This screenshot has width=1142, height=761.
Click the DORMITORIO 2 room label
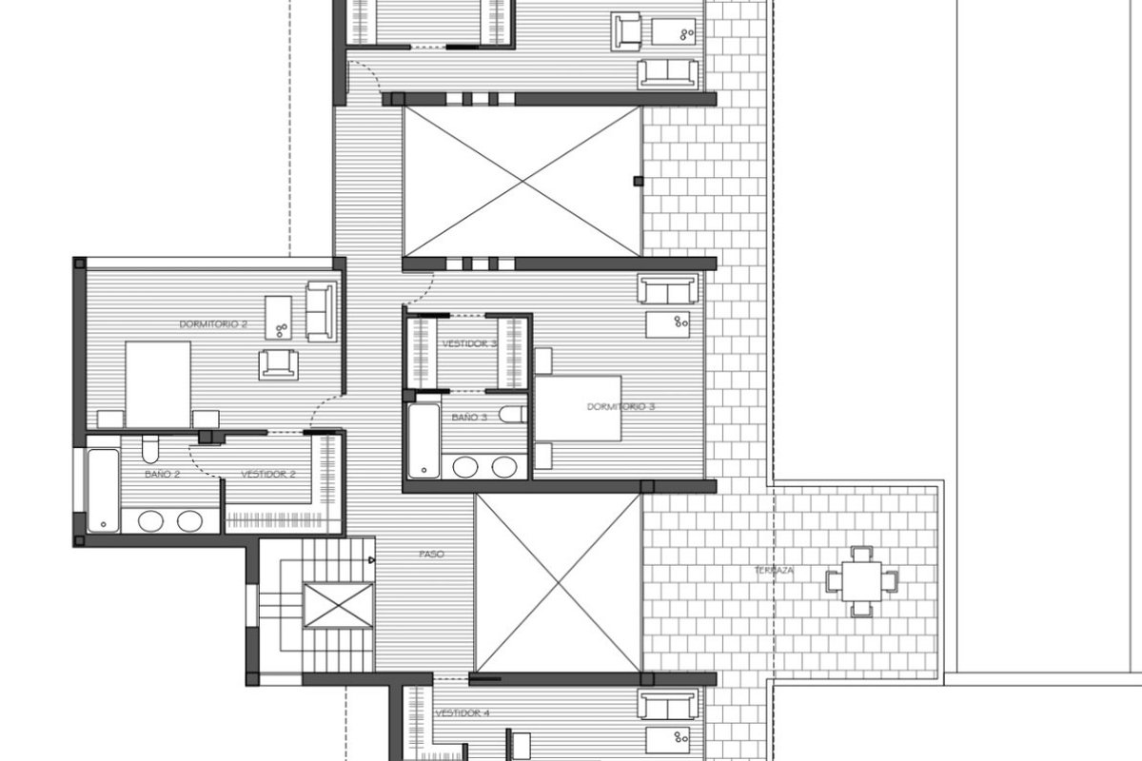pos(213,324)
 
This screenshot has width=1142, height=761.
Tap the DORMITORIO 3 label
pos(620,407)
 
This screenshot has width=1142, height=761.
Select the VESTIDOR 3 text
pos(469,344)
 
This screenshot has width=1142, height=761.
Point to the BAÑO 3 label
pos(469,418)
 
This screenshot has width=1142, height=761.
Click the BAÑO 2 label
pos(162,474)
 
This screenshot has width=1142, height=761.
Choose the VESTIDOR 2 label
pos(268,474)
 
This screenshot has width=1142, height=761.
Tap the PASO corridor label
pos(431,554)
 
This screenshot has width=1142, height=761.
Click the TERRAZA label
pos(774,571)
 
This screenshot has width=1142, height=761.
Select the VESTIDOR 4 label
pos(463,713)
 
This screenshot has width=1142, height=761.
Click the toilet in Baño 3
pos(513,414)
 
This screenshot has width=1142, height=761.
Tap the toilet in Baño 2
pos(150,449)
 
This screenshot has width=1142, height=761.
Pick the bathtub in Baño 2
pos(103,490)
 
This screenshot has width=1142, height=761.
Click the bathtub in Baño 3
pos(423,440)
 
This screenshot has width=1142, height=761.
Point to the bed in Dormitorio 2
pos(158,385)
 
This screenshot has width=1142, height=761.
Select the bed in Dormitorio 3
pos(579,408)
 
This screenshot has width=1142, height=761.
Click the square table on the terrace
pos(861,581)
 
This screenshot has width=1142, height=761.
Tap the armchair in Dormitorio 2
pos(278,364)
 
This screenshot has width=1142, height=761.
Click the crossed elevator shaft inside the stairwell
pos(339,605)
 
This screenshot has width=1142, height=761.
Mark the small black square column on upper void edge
pos(639,181)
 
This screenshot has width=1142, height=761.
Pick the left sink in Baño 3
pos(465,467)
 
